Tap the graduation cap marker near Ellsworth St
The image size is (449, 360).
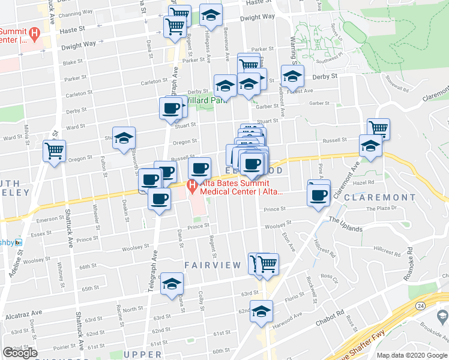pyautogui.click(x=124, y=137)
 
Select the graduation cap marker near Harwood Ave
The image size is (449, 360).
pyautogui.click(x=261, y=311)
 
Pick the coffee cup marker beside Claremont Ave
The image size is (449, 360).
pyautogui.click(x=318, y=194)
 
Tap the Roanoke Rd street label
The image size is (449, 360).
pyautogui.click(x=409, y=257)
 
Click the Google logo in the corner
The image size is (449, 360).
pyautogui.click(x=20, y=353)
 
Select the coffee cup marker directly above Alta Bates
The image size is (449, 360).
pyautogui.click(x=199, y=168)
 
